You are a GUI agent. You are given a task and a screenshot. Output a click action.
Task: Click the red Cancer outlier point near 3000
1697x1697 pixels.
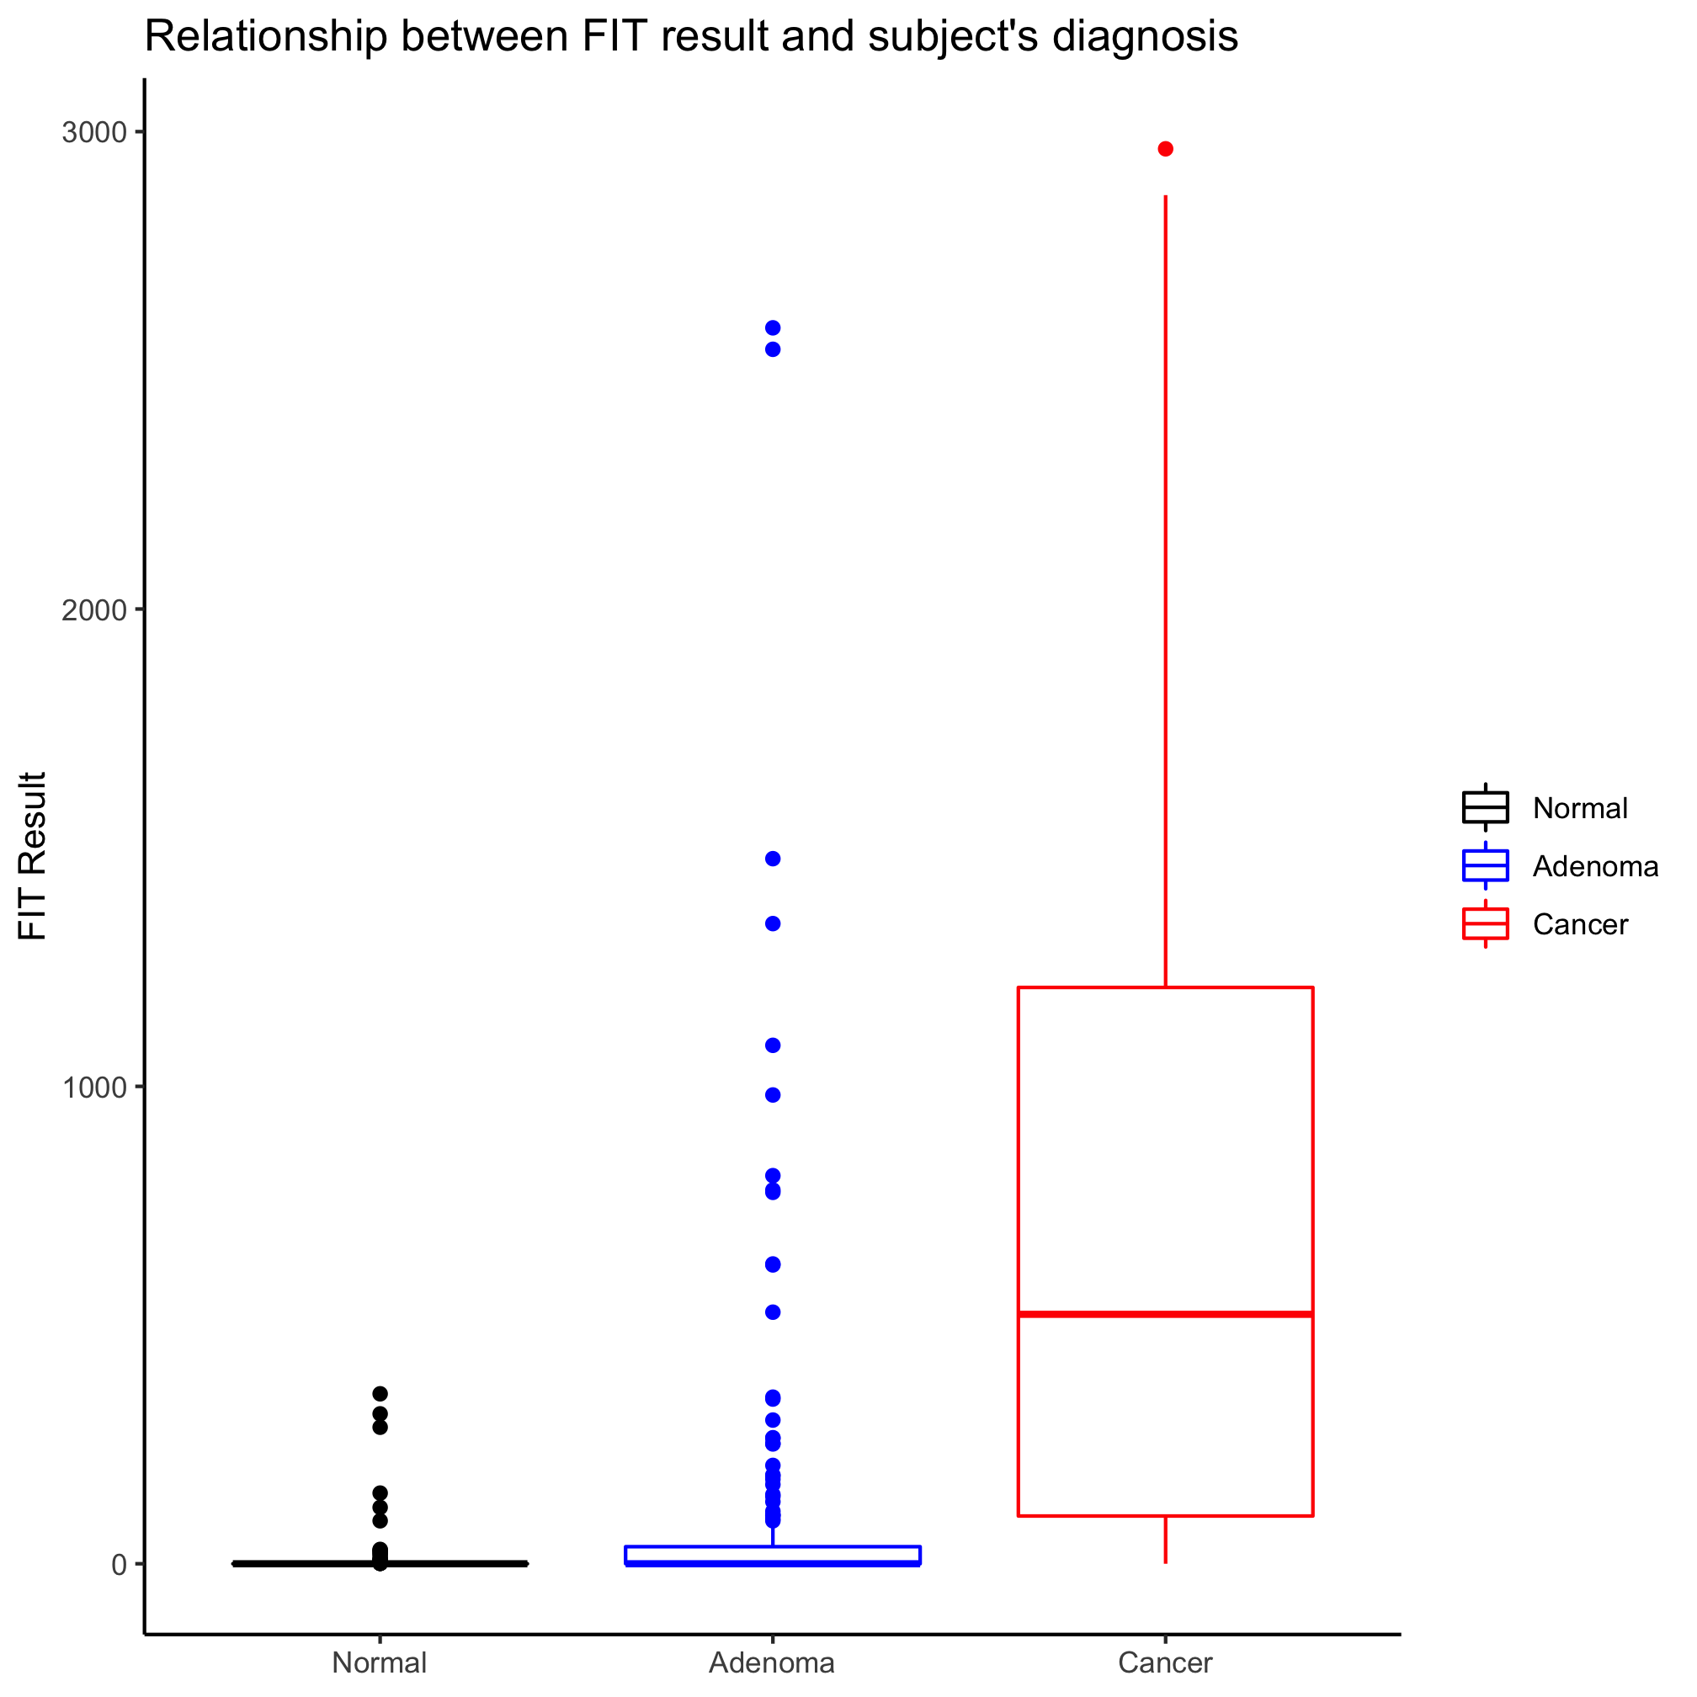tap(1166, 149)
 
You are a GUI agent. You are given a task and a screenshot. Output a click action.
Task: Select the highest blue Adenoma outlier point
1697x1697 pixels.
tap(773, 328)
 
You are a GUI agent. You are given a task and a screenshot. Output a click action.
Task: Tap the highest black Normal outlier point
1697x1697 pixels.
tap(380, 1394)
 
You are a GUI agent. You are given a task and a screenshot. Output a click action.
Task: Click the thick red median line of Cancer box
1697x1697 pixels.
tap(1166, 1314)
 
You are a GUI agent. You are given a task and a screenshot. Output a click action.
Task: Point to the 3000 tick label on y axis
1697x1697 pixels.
tap(94, 133)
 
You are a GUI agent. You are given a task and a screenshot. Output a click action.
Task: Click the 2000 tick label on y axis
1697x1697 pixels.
tap(94, 610)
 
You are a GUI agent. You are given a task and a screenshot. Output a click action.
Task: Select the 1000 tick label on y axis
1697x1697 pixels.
tap(94, 1088)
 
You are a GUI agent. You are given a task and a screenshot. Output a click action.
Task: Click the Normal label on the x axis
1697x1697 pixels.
tap(380, 1662)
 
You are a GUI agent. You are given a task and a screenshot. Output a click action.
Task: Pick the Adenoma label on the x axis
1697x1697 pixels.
tap(772, 1662)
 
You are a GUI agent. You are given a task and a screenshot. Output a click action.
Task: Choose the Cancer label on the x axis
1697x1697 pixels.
tap(1165, 1662)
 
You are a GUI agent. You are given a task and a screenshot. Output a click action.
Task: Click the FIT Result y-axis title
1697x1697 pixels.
tap(34, 856)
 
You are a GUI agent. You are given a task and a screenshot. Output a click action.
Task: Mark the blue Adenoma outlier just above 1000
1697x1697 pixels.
tap(773, 1045)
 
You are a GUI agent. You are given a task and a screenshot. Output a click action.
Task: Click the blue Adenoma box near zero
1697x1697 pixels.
tap(773, 1556)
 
